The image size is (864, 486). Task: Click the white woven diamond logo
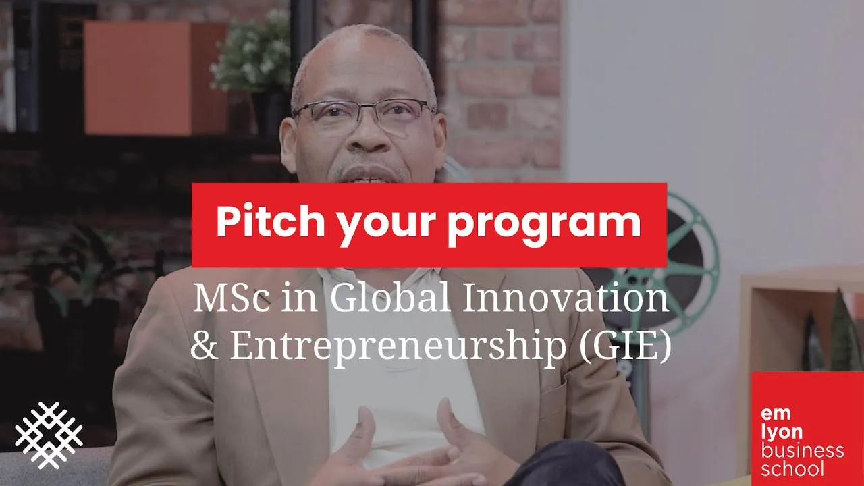pos(49,435)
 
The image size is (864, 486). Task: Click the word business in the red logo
pos(802,450)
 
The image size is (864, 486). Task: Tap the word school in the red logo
pos(792,468)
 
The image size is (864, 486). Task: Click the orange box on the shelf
pos(156,77)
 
